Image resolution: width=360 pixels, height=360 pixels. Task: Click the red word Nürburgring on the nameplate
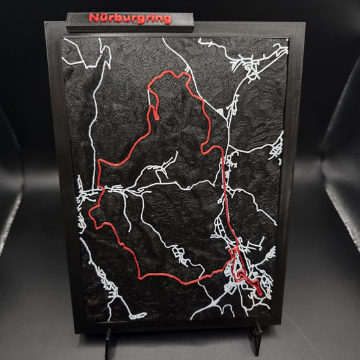tap(130, 18)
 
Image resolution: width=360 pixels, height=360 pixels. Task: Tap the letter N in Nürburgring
tap(93, 18)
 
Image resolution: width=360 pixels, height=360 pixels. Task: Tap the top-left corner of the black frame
tap(46, 23)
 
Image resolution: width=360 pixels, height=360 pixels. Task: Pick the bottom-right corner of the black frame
tap(295, 328)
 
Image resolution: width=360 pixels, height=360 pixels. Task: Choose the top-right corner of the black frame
tap(305, 24)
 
